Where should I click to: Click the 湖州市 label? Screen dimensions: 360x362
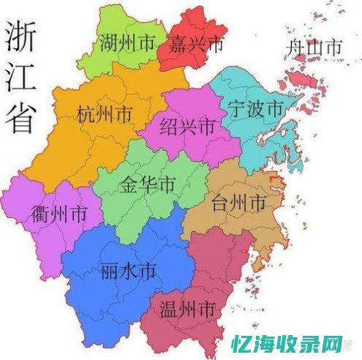(x=128, y=45)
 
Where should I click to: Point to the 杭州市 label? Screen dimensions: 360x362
(x=104, y=115)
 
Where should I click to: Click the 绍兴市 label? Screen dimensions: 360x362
(x=187, y=126)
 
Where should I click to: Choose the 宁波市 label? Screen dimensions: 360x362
(x=256, y=109)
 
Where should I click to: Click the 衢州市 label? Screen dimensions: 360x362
(x=59, y=214)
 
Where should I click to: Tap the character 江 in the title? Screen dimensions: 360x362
(x=21, y=78)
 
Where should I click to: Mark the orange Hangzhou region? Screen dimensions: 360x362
(x=66, y=146)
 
